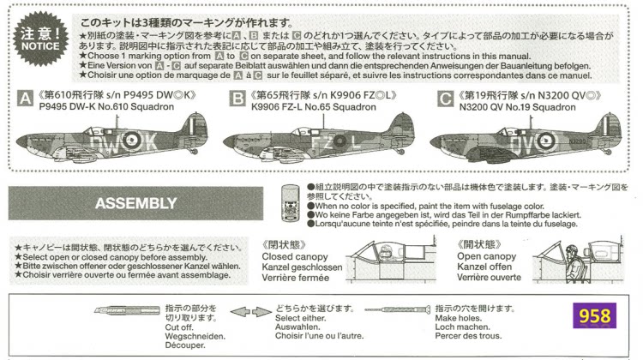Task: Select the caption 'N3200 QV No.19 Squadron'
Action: click(x=523, y=110)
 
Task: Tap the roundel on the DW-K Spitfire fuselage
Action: click(x=132, y=139)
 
